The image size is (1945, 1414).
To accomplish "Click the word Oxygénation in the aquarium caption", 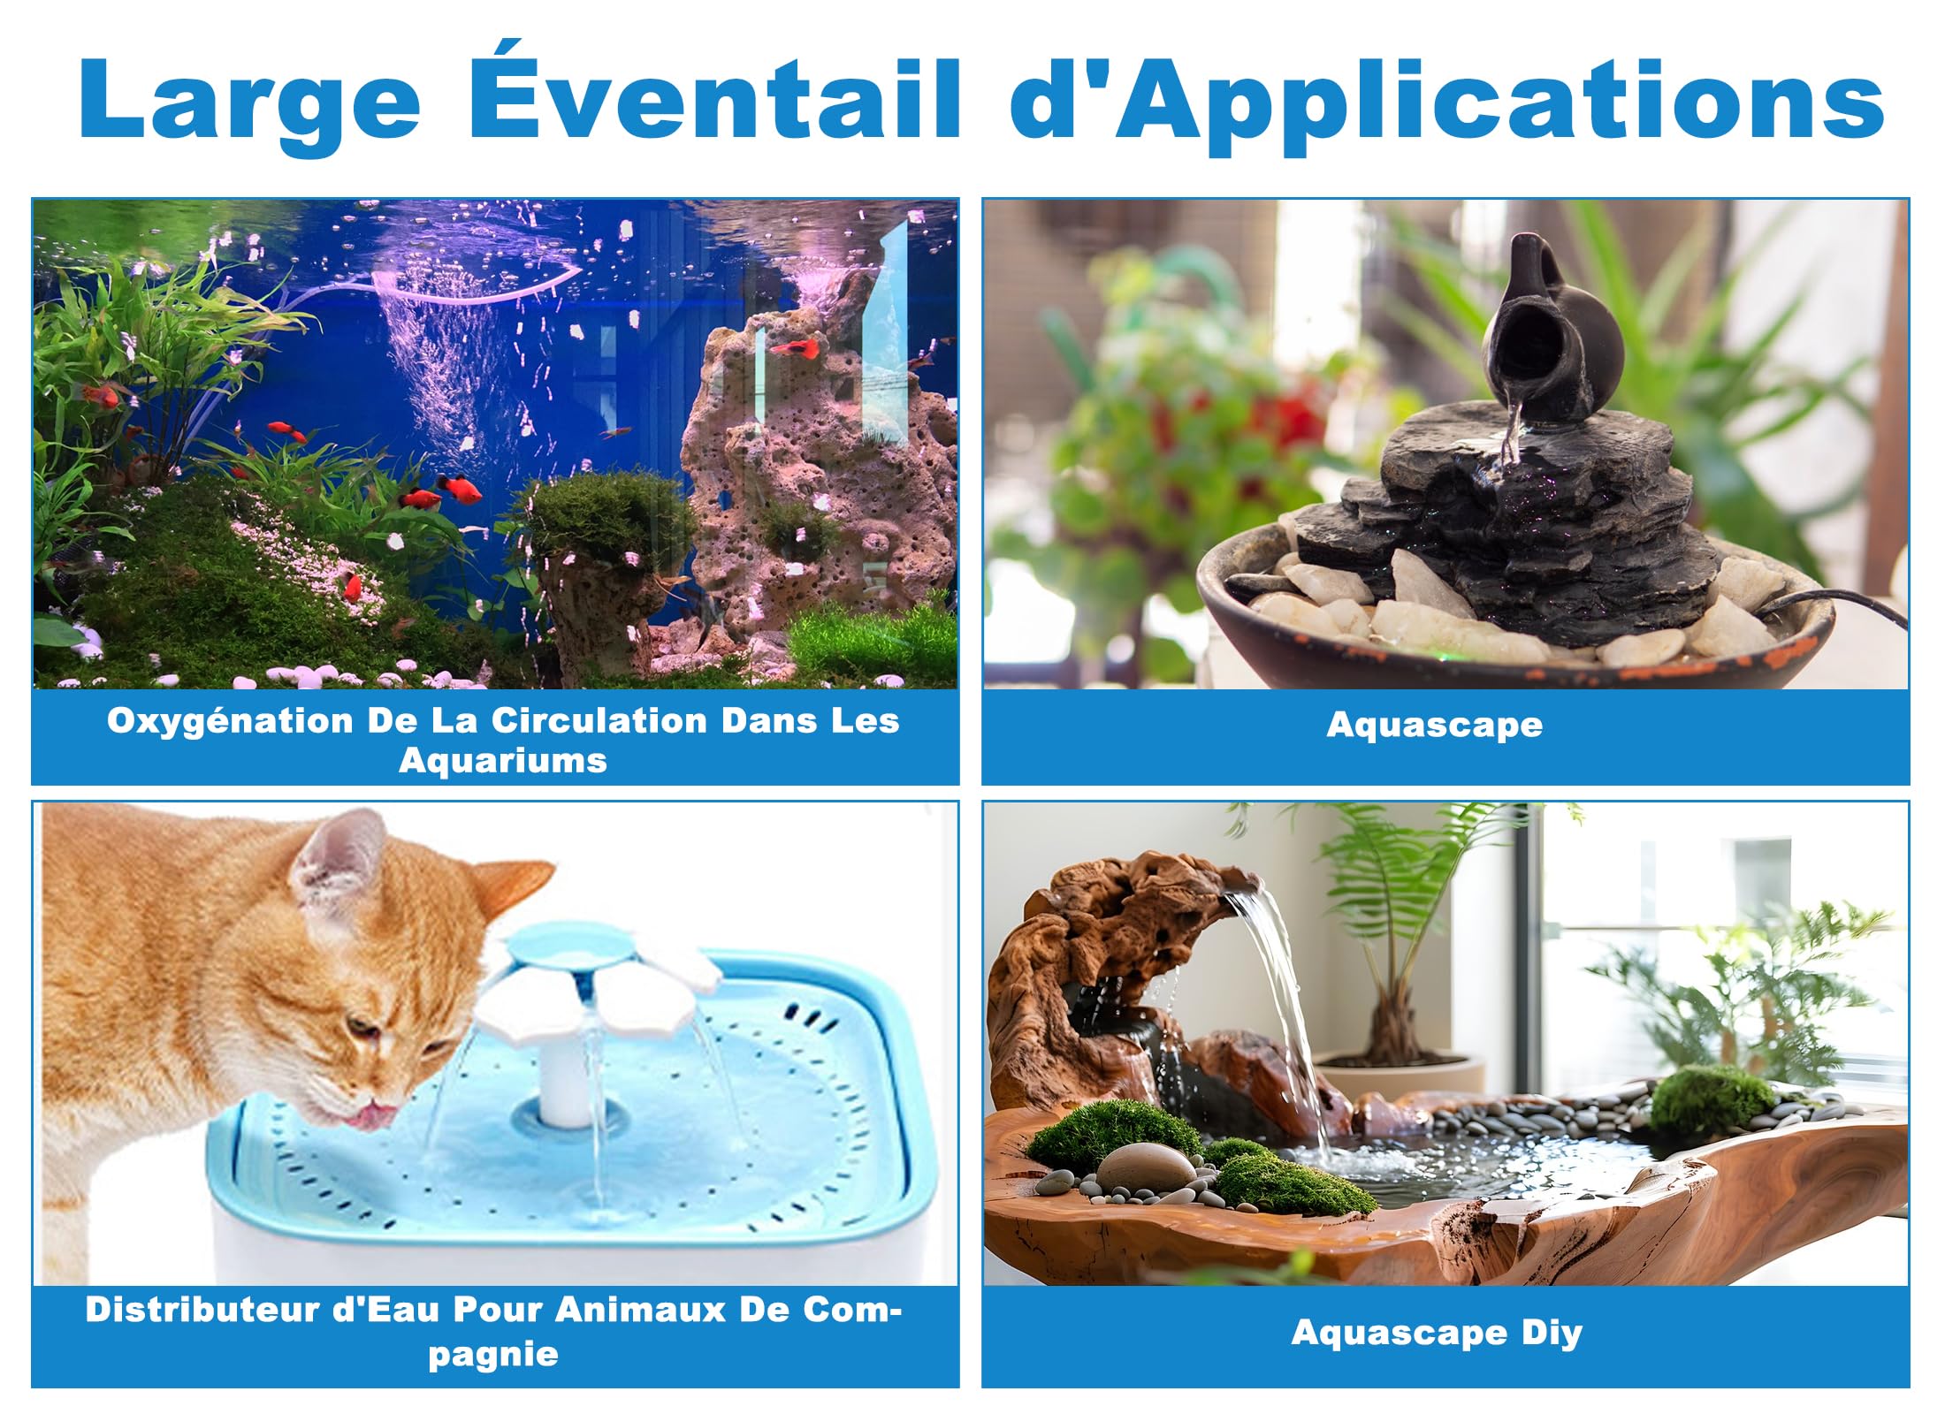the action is [x=231, y=722].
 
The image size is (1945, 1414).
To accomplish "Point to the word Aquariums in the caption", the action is [x=503, y=760].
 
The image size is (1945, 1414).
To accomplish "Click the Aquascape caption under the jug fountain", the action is [x=1435, y=726].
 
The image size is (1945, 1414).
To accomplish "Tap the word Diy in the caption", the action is [x=1552, y=1332].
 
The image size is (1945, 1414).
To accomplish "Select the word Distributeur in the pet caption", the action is [x=202, y=1309].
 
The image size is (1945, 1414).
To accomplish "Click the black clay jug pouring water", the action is [x=1552, y=331].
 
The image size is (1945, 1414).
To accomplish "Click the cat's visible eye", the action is [x=360, y=1027].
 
